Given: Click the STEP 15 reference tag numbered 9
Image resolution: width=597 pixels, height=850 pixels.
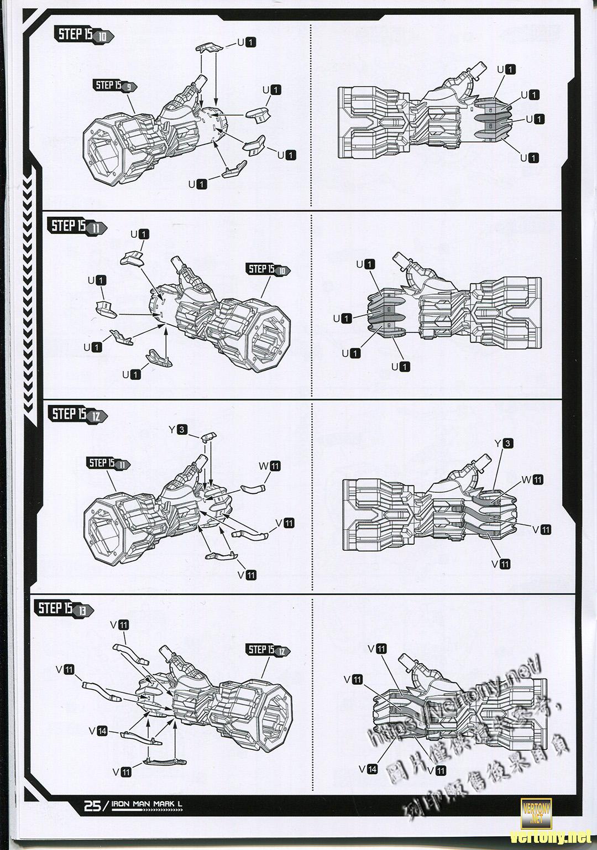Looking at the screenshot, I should (x=115, y=86).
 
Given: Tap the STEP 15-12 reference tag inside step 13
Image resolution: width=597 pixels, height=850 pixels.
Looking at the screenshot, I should (x=269, y=650).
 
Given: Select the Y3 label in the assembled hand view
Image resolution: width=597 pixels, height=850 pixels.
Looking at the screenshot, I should (x=504, y=443).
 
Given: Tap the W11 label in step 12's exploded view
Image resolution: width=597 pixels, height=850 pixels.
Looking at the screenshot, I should (x=270, y=466).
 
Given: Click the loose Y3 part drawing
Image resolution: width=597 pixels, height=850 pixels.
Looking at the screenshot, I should (x=206, y=437).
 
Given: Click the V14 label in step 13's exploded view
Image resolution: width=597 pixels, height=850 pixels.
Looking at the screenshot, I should (x=98, y=731).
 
